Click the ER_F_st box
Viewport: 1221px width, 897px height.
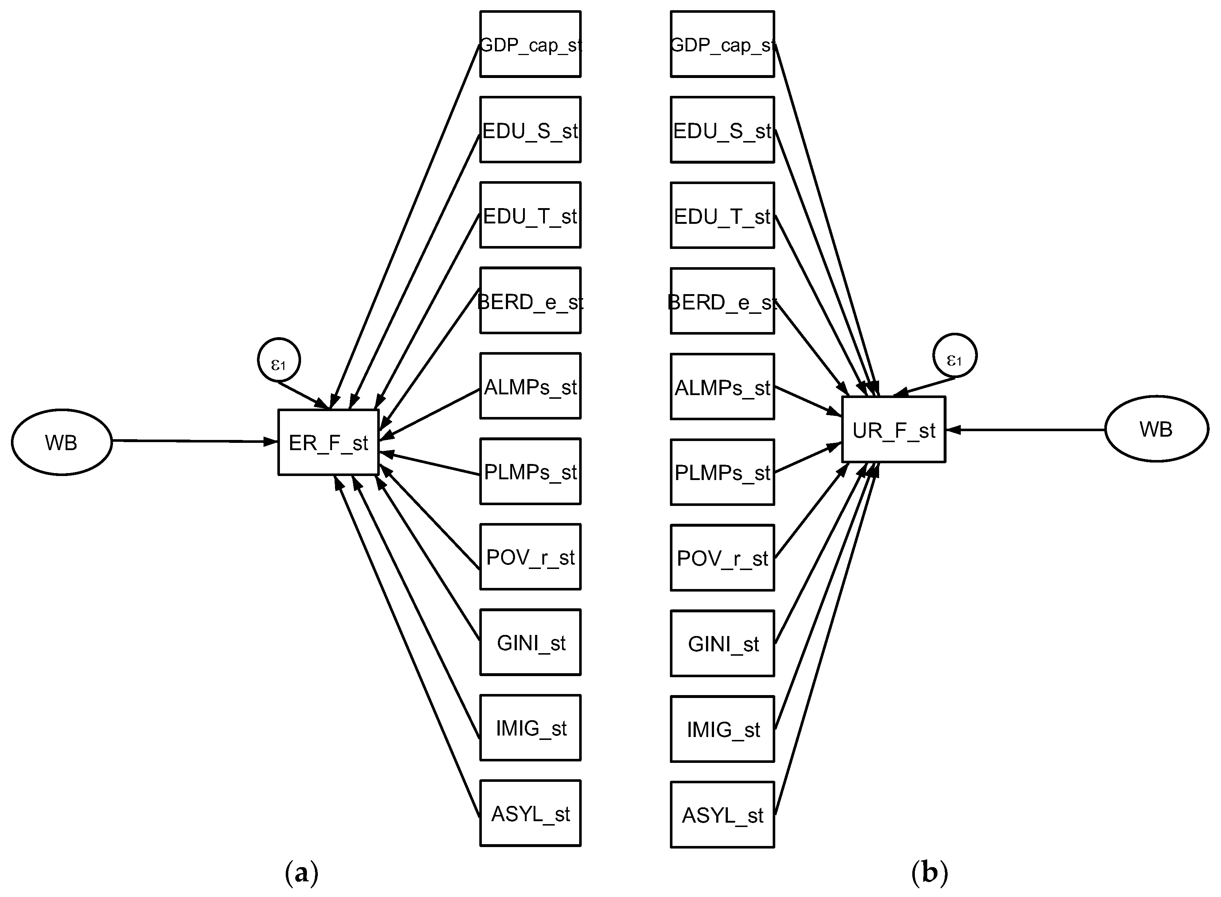[328, 442]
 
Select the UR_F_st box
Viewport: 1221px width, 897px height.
[894, 429]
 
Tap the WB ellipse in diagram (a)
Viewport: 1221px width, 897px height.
[62, 442]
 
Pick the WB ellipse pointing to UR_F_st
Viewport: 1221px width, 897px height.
[1157, 429]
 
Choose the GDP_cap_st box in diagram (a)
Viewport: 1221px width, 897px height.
[530, 44]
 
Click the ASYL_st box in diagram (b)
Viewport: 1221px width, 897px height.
[723, 815]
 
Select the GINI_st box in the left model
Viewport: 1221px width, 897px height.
[530, 642]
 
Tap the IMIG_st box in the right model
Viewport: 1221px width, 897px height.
[723, 729]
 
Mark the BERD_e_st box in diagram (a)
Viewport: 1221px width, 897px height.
[530, 300]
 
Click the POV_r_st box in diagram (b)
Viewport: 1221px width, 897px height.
[723, 558]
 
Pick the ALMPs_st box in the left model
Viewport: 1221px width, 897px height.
[530, 386]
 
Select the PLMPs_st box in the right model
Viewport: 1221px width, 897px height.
[723, 472]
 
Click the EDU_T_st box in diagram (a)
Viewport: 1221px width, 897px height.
[530, 215]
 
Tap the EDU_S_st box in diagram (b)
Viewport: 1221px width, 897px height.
[723, 130]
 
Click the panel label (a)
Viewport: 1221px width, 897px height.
[301, 873]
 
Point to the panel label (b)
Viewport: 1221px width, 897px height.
[929, 873]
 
